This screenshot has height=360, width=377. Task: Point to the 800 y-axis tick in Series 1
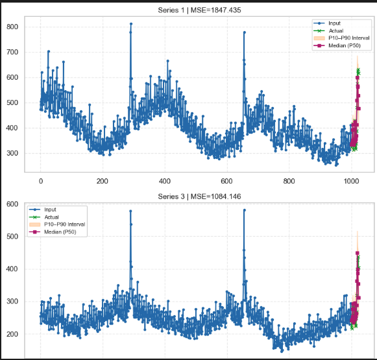click(x=12, y=27)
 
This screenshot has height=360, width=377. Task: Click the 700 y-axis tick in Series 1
click(x=12, y=52)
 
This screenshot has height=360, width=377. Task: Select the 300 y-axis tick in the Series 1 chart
click(x=12, y=154)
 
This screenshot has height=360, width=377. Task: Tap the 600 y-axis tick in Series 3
click(x=12, y=204)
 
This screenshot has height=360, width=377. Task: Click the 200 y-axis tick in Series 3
click(x=12, y=334)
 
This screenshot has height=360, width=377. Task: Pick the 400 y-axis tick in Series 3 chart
click(x=12, y=269)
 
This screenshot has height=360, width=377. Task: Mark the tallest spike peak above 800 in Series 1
click(x=130, y=24)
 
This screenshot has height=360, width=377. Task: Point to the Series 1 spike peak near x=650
click(x=244, y=32)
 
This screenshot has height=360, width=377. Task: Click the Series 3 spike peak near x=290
click(x=130, y=211)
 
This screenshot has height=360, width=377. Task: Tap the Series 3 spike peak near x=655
click(x=244, y=210)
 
